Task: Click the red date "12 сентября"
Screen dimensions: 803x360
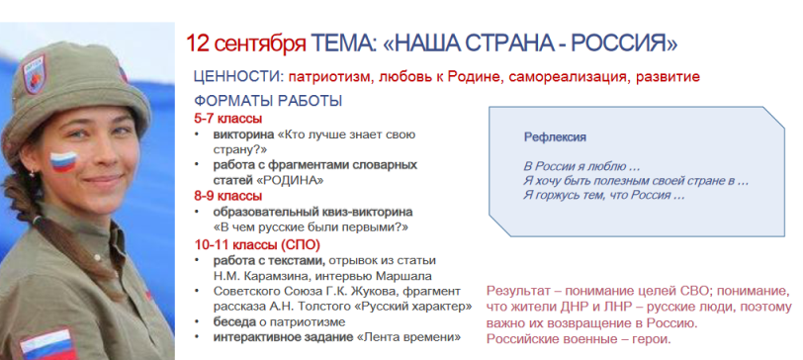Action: point(245,45)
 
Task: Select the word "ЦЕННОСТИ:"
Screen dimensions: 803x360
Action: point(238,77)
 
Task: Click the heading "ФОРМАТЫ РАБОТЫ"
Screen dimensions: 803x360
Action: point(268,101)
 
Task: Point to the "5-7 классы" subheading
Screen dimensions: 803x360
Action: point(227,119)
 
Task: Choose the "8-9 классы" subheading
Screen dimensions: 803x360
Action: point(227,196)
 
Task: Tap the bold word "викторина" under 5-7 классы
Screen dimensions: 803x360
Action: point(243,135)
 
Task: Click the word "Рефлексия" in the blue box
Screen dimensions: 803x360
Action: point(555,137)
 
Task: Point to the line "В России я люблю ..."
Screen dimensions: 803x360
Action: point(581,166)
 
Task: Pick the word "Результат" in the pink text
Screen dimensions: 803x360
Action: point(517,292)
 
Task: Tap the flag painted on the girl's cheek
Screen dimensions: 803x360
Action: point(63,161)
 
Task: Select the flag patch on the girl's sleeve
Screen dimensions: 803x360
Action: point(47,345)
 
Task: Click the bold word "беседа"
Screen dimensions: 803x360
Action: point(234,322)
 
